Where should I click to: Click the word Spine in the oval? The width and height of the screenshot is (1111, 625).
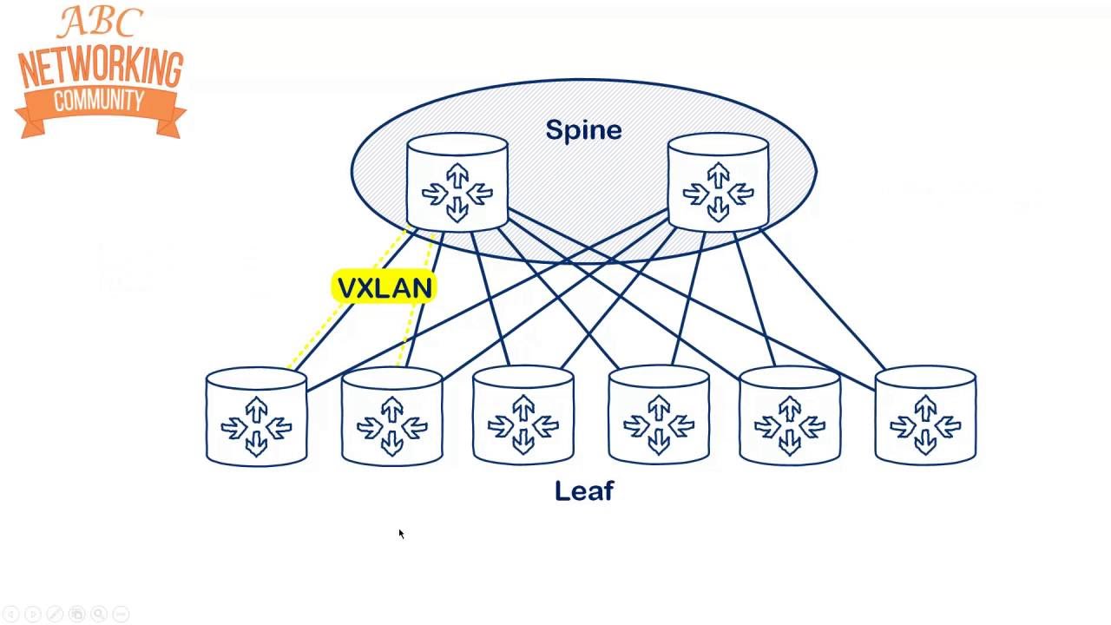[583, 130]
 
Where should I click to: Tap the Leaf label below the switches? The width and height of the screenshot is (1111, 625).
[584, 491]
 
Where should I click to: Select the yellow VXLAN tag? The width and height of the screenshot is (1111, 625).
[384, 288]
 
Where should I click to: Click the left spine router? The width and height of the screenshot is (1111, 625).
[457, 182]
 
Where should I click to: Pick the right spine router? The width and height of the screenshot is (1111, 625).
[718, 182]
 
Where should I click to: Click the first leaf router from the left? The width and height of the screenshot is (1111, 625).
[256, 417]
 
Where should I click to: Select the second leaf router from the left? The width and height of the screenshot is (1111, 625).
[392, 417]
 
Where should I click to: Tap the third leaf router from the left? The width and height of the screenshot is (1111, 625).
[523, 417]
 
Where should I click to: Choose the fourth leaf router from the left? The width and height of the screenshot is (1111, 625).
[659, 417]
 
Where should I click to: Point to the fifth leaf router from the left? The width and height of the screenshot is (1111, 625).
[789, 417]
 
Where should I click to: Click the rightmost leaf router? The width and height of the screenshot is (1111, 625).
[925, 417]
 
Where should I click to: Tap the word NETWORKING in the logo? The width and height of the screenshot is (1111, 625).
[101, 67]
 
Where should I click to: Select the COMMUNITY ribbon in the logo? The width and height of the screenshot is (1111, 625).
[99, 102]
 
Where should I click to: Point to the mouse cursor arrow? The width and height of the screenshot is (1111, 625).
[401, 534]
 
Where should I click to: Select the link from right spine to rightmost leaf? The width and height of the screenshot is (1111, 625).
[825, 299]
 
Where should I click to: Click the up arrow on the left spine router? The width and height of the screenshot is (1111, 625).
[457, 174]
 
